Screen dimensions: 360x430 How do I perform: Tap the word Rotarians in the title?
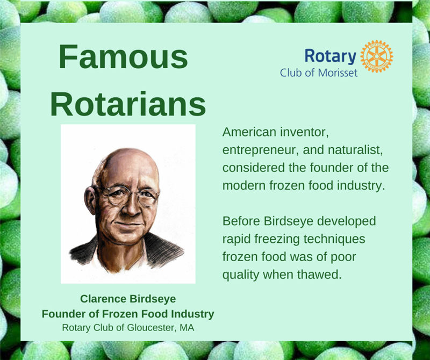(x=128, y=104)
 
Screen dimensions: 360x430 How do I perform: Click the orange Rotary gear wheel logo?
(x=377, y=56)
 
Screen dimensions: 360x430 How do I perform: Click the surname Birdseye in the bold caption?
(x=153, y=299)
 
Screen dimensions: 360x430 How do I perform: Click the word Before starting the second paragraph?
(x=241, y=221)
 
